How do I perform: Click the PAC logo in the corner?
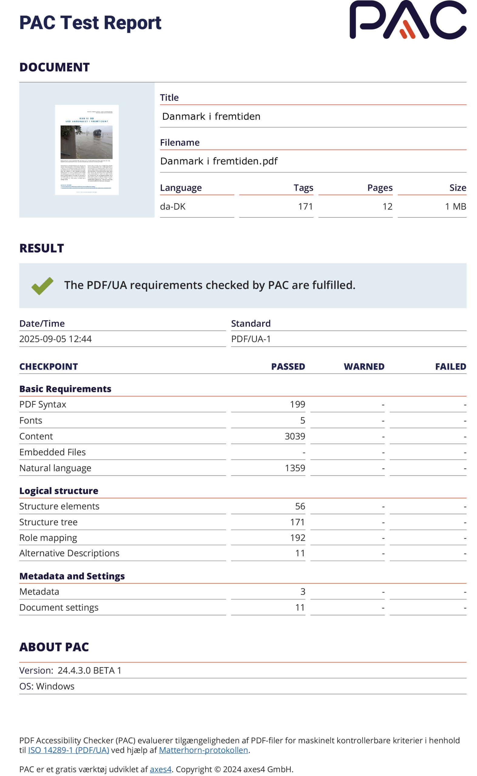(x=408, y=20)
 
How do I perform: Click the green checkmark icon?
(x=42, y=286)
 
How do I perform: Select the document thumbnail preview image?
(x=87, y=150)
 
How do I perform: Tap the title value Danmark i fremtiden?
(x=211, y=116)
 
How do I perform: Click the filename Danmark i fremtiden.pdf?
(x=219, y=161)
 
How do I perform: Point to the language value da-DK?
(x=173, y=206)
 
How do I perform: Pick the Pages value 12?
(x=387, y=206)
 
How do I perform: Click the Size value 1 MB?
(x=455, y=206)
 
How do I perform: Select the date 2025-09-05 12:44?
(x=55, y=339)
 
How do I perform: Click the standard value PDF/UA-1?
(x=251, y=339)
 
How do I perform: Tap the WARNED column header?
(x=364, y=366)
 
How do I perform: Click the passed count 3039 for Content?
(x=295, y=436)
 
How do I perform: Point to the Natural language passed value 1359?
(x=295, y=468)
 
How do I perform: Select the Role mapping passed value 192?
(x=297, y=538)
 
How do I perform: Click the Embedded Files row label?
(x=52, y=452)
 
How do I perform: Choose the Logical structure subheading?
(x=59, y=491)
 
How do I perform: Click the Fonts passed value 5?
(x=302, y=420)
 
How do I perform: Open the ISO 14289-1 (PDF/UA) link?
(x=69, y=750)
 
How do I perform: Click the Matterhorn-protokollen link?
(x=203, y=750)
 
